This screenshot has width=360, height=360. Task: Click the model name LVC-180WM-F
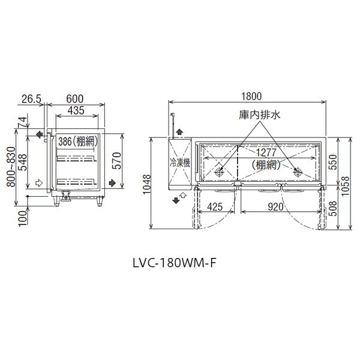pos(175,263)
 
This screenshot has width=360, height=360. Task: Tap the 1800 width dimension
pos(251,97)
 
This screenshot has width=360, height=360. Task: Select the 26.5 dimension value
pos(31,99)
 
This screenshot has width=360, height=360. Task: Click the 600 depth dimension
pos(75,99)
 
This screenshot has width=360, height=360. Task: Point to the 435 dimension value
pos(76,110)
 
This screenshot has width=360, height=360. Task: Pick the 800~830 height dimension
pos(11,167)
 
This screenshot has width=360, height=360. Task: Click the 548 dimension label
pos(23,163)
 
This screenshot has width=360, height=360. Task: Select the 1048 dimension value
pos(146,184)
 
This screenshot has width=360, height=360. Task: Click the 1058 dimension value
pos(346,186)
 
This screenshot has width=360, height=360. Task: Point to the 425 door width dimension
pos(215,207)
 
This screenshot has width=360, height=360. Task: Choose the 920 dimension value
pos(275,207)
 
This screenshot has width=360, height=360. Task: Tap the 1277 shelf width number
pos(266,152)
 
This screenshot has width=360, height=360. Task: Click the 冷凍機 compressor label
pos(180,163)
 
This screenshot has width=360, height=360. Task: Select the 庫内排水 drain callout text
pos(260,115)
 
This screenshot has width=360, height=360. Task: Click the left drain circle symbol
pos(219,172)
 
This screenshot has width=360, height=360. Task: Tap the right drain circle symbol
pos(298,172)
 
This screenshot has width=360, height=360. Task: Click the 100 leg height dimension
pos(23,218)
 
